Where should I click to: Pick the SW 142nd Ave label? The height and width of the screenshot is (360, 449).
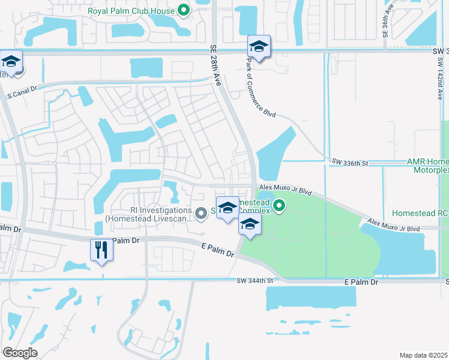[x=440, y=78]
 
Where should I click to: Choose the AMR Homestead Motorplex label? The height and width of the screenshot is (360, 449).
[x=427, y=166]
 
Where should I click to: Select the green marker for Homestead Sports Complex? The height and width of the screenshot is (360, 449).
[x=279, y=207]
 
